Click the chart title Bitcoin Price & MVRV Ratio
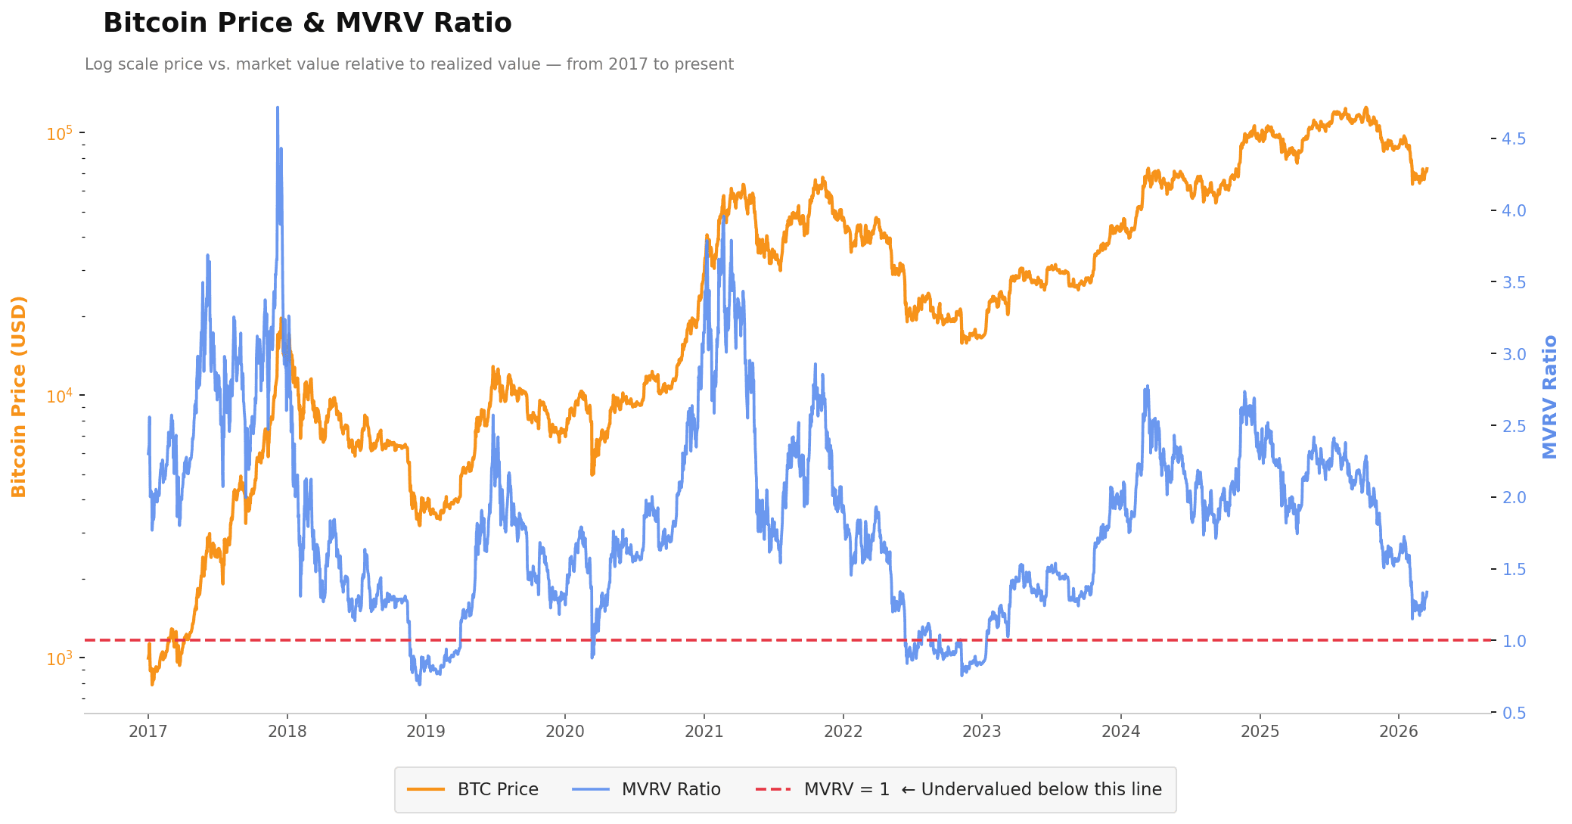[x=307, y=23]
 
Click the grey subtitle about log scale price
[x=409, y=64]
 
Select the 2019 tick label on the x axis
[x=426, y=732]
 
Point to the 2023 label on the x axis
[x=982, y=732]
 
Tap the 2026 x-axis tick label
[x=1399, y=732]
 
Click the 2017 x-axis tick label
[x=148, y=732]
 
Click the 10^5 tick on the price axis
[x=60, y=133]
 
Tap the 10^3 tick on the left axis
[x=60, y=658]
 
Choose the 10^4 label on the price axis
[x=60, y=396]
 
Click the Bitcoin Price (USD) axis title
[x=19, y=396]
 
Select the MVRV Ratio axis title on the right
[x=1550, y=396]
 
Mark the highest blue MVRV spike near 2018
[x=278, y=108]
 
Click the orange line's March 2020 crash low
[x=592, y=474]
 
